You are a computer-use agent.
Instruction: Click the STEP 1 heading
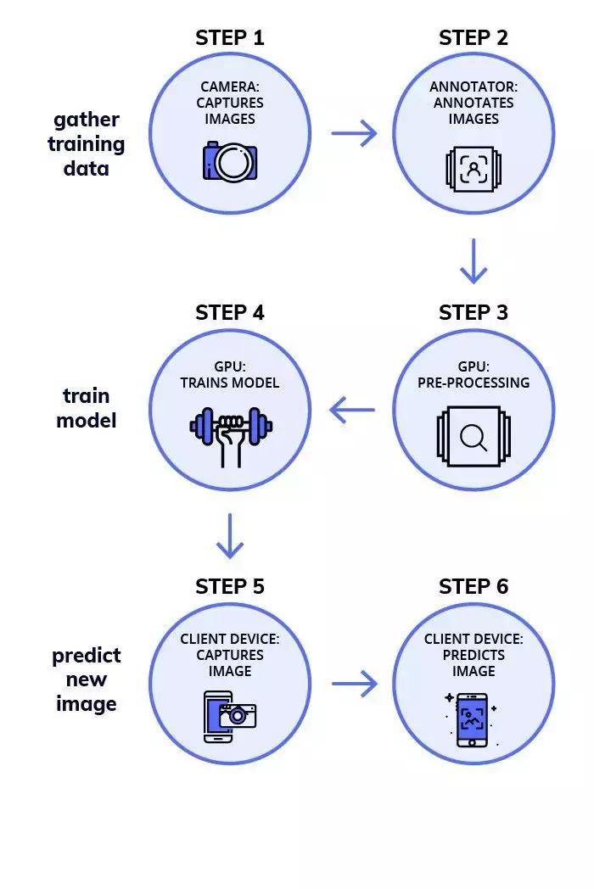[x=229, y=38]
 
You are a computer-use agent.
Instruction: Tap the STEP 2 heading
[x=473, y=38]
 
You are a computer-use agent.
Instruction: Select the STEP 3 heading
[x=473, y=312]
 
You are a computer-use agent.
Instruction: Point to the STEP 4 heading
[x=229, y=312]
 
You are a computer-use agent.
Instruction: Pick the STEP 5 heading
[x=229, y=587]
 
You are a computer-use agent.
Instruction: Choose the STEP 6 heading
[x=473, y=587]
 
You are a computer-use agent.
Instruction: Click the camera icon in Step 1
[x=230, y=161]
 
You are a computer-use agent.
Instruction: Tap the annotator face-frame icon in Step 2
[x=473, y=169]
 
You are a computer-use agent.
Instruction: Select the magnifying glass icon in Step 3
[x=473, y=438]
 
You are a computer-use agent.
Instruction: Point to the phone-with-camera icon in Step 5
[x=230, y=714]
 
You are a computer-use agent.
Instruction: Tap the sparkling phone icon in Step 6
[x=473, y=719]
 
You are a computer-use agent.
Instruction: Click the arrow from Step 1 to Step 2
[x=353, y=133]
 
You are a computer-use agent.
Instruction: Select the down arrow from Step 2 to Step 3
[x=474, y=262]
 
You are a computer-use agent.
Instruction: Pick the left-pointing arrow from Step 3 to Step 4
[x=352, y=411]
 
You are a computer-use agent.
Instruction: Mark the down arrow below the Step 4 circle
[x=229, y=536]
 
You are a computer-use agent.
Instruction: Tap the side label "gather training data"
[x=87, y=144]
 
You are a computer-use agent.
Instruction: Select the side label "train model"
[x=87, y=407]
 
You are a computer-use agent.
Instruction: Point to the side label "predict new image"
[x=87, y=679]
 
